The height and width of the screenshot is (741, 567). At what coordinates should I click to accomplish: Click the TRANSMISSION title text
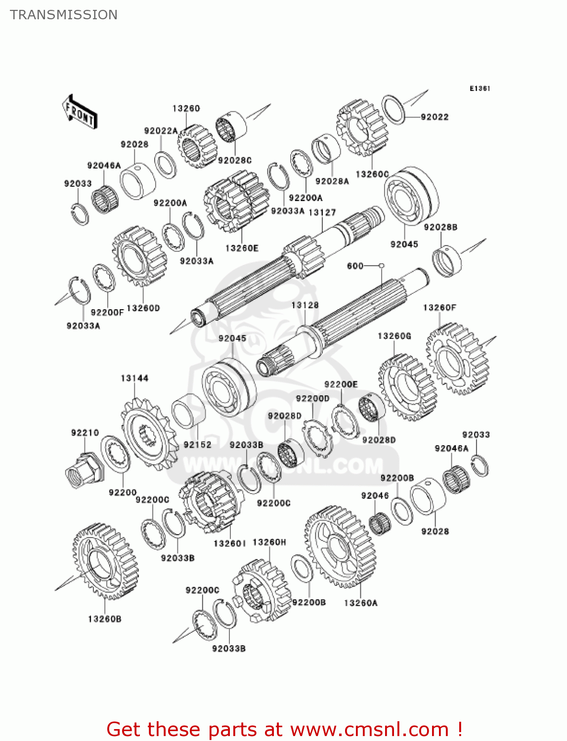[x=64, y=15]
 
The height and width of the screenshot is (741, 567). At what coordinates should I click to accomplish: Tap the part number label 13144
[x=134, y=378]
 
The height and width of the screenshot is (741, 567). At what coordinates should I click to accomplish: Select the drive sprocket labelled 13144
[x=149, y=434]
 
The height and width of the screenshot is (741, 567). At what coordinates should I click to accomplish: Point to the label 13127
[x=322, y=212]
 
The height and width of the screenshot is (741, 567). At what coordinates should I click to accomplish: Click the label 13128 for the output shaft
[x=305, y=305]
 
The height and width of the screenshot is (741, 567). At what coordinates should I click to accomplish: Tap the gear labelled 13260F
[x=457, y=359]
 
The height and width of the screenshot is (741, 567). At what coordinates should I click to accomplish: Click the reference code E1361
[x=480, y=88]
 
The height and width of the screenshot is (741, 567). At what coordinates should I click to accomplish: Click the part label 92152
[x=197, y=445]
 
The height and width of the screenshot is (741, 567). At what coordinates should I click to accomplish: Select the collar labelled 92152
[x=188, y=411]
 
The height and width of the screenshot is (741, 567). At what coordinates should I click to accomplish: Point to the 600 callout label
[x=355, y=266]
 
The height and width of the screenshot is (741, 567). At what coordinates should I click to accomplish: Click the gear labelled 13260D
[x=139, y=257]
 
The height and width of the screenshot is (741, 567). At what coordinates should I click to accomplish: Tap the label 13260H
[x=269, y=542]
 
